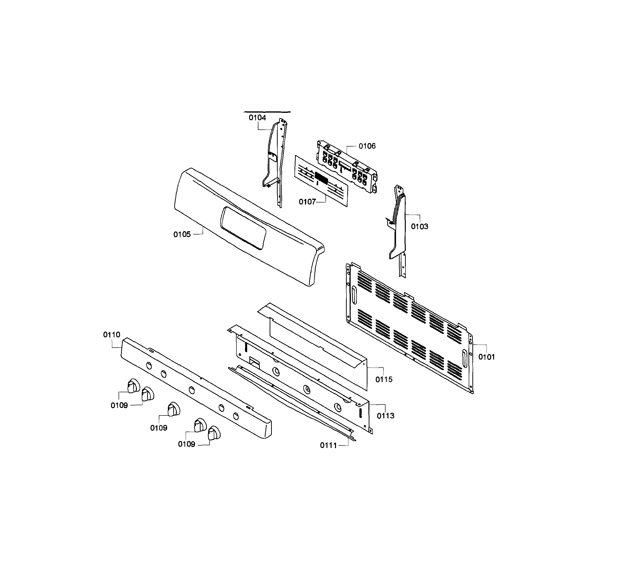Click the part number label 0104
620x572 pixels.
tap(257, 118)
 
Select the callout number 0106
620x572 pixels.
tap(367, 146)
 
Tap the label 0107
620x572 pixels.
tap(307, 202)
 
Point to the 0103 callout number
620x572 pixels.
tap(420, 227)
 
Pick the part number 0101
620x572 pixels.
tap(487, 357)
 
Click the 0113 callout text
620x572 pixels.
tap(386, 416)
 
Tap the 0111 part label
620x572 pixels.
tap(328, 445)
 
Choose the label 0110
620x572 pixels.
tap(112, 335)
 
